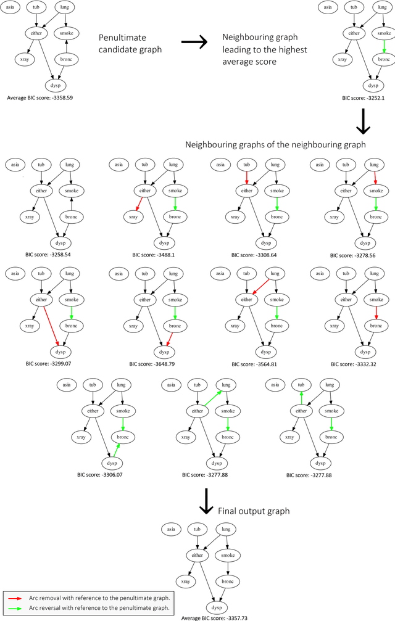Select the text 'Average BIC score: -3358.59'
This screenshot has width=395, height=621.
pyautogui.click(x=40, y=97)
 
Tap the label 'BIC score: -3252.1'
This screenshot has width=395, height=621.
pyautogui.click(x=363, y=97)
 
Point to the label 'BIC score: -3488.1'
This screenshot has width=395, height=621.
pyautogui.click(x=153, y=254)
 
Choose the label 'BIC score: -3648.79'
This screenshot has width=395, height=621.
pyautogui.click(x=154, y=363)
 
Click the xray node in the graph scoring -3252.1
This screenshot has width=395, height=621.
pyautogui.click(x=340, y=59)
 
